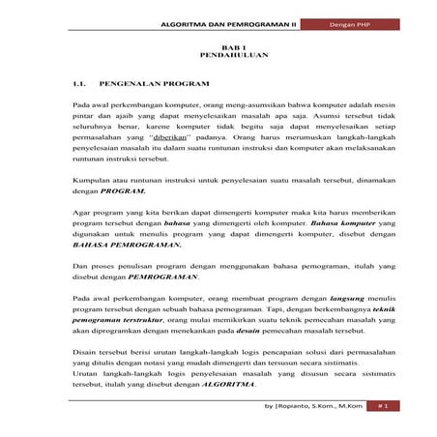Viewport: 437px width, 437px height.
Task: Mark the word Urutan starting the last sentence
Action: click(86, 373)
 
